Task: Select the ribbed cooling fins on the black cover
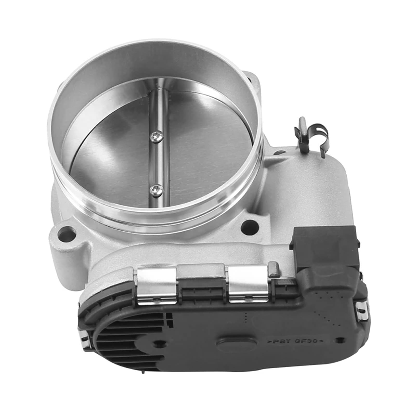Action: click(125, 338)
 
